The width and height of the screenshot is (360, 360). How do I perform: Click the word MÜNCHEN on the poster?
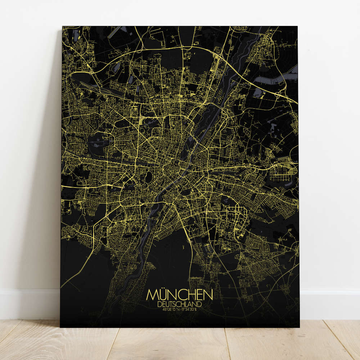pyautogui.click(x=180, y=295)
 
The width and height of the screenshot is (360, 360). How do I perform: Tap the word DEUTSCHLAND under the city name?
pyautogui.click(x=180, y=304)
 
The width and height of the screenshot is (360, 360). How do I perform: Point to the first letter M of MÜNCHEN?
pyautogui.click(x=152, y=295)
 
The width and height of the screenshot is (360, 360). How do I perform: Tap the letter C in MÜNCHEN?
pyautogui.click(x=182, y=295)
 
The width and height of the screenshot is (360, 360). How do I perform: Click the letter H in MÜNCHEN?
pyautogui.click(x=191, y=295)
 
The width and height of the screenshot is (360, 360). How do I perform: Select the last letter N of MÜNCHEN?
pyautogui.click(x=208, y=295)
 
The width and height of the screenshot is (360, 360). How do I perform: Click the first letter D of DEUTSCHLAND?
pyautogui.click(x=159, y=304)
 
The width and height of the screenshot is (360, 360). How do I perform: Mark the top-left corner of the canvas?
pyautogui.click(x=62, y=27)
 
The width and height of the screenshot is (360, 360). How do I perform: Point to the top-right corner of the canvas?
pyautogui.click(x=297, y=27)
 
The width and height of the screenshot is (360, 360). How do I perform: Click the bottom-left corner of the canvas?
pyautogui.click(x=60, y=327)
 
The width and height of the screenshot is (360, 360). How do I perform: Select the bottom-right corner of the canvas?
pyautogui.click(x=299, y=327)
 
